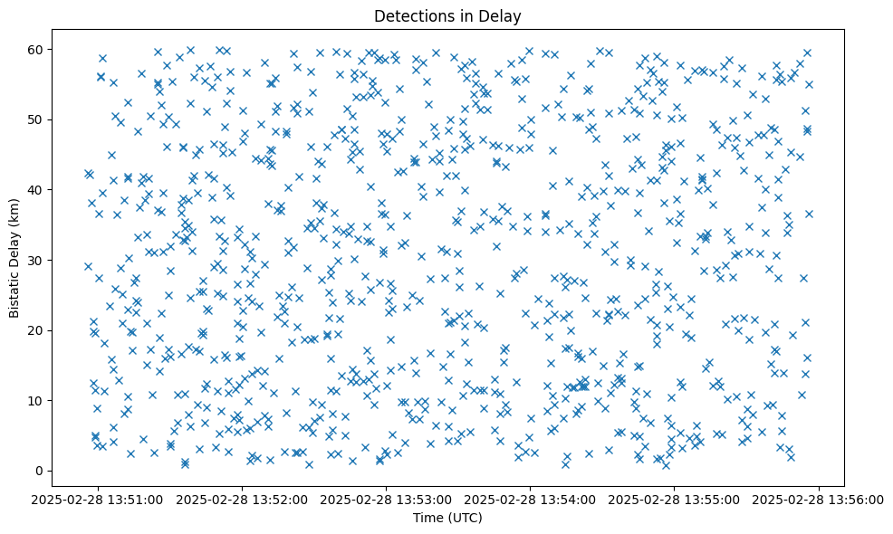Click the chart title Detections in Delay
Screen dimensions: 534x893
(x=447, y=16)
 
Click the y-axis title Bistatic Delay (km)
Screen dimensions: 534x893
(x=14, y=260)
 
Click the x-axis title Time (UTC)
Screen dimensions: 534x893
(x=447, y=518)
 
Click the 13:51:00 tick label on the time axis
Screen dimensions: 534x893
(x=99, y=498)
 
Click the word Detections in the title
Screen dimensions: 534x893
(x=411, y=16)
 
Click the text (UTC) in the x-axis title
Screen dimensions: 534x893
(x=465, y=518)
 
